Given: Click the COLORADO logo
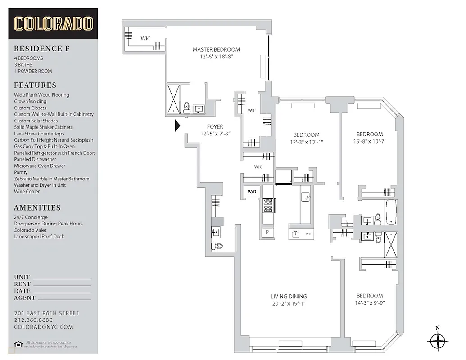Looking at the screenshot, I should (53, 23).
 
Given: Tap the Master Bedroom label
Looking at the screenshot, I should (216, 49).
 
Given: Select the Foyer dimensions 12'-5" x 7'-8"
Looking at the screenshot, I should (215, 134).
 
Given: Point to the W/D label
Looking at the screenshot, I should (251, 192).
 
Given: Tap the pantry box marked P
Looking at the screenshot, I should (267, 233).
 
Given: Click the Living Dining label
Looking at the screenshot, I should (289, 296).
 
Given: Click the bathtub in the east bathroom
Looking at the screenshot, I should (390, 212).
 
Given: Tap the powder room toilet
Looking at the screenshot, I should (218, 246).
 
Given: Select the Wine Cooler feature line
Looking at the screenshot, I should (27, 191).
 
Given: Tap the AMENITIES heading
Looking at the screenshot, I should (37, 208).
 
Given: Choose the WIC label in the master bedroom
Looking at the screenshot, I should (145, 39).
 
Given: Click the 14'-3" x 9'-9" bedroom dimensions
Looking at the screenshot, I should (369, 303).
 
